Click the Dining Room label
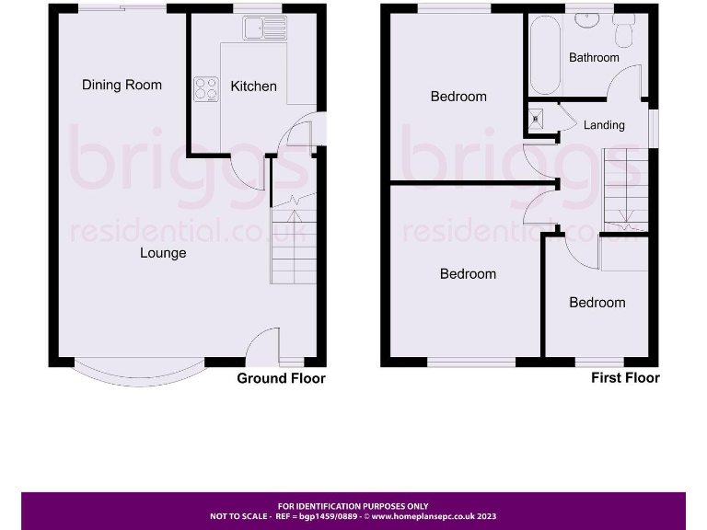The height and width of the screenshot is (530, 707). coord(122,85)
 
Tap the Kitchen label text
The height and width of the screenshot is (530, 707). coord(253,86)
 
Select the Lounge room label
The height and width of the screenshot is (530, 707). coord(163,253)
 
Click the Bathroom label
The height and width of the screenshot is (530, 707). coord(594,57)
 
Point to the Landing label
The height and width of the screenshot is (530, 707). coord(604,125)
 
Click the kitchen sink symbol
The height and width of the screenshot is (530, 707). coord(264,29)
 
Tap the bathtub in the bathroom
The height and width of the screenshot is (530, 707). coord(545,54)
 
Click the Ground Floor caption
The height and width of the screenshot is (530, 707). coord(281,378)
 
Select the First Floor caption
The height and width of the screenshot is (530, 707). coord(625,377)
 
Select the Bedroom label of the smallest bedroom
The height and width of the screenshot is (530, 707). coord(597,303)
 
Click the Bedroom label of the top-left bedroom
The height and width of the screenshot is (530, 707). coord(458,97)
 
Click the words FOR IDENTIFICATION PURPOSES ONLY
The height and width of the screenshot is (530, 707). coord(353,506)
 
